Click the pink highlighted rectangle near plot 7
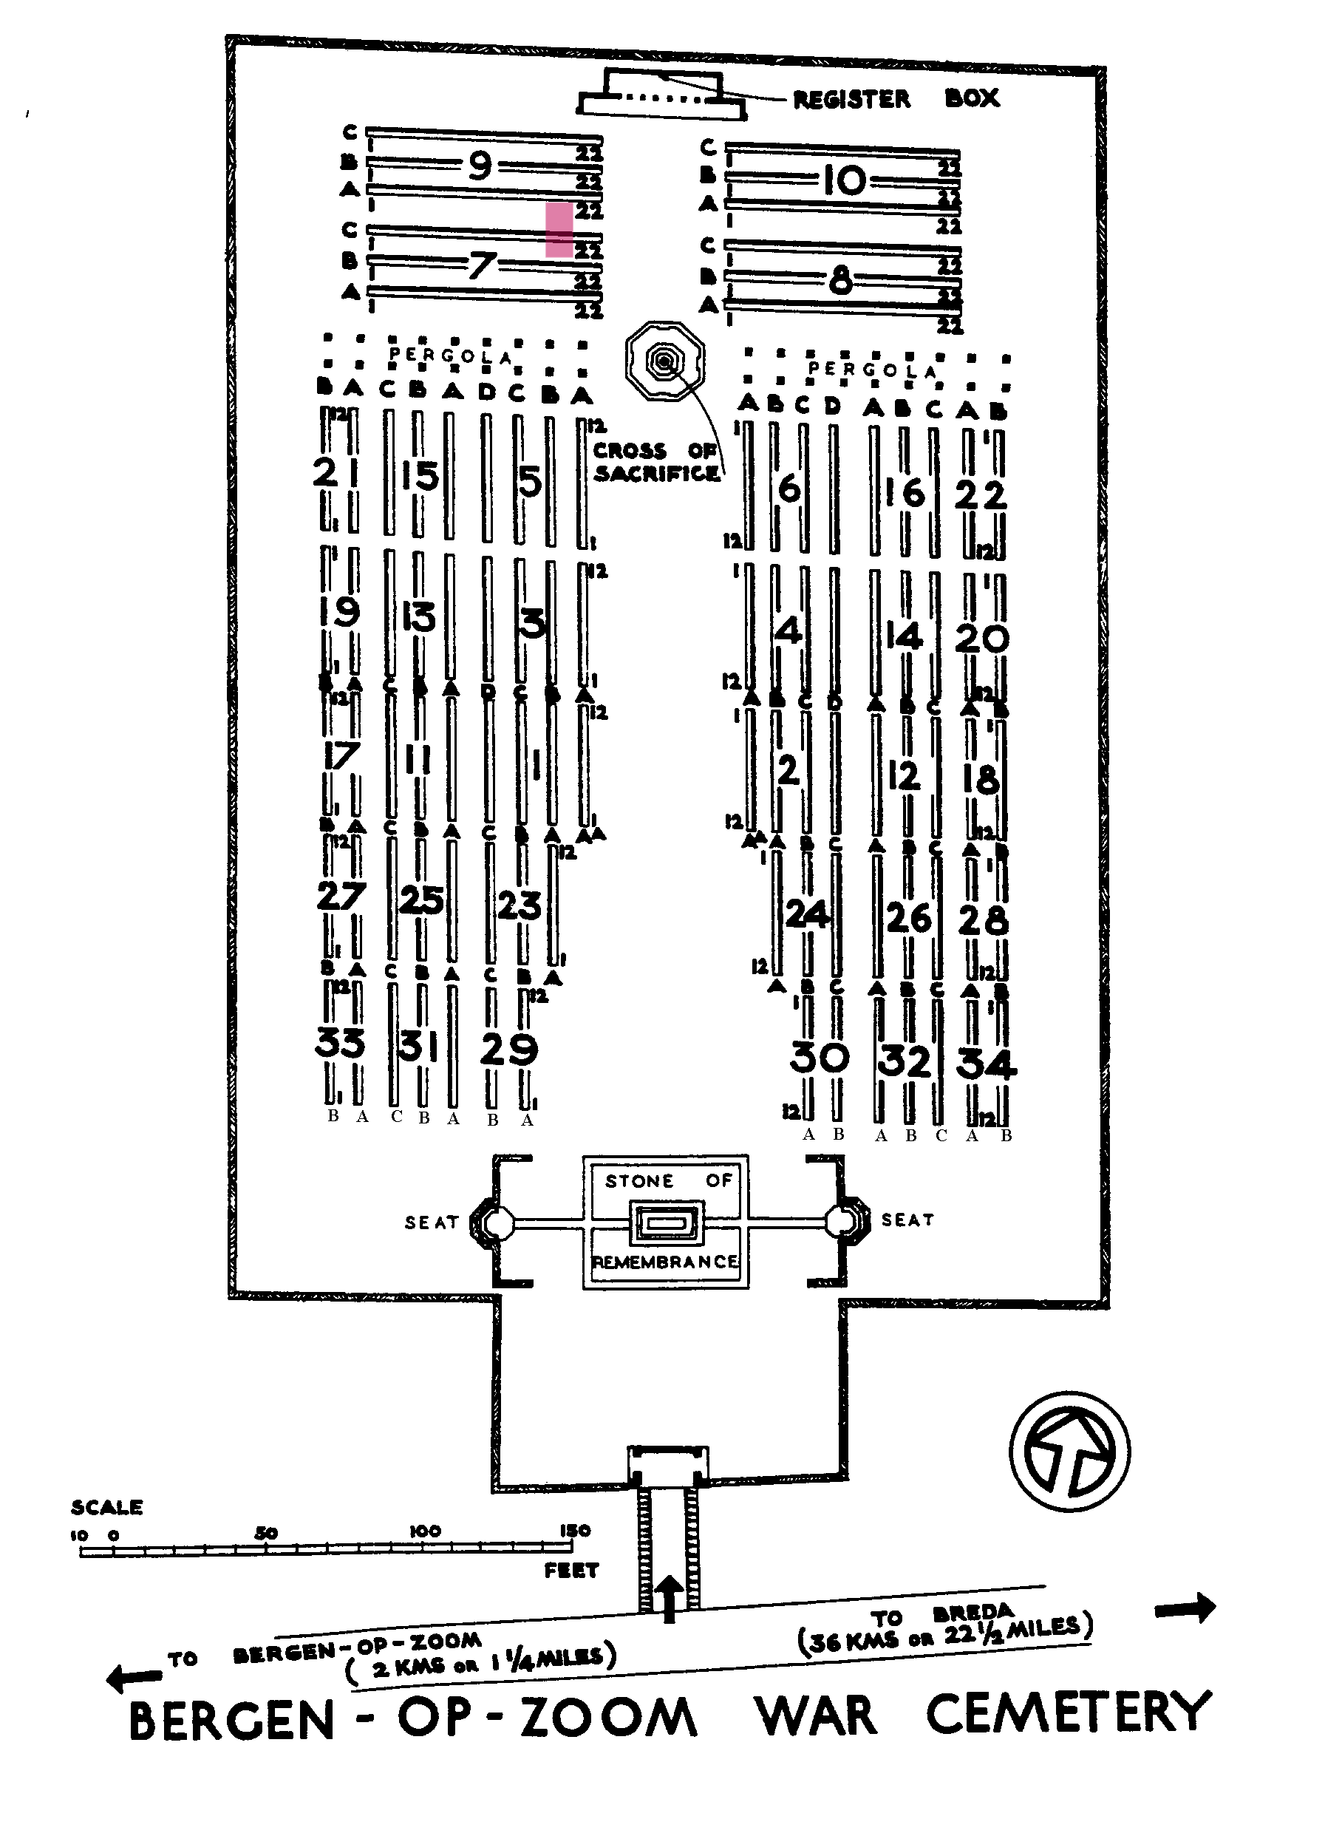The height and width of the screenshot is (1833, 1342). point(559,230)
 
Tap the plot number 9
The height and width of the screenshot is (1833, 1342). point(480,166)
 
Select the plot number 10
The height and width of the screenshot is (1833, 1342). point(845,180)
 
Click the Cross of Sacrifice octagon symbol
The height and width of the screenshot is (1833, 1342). point(665,361)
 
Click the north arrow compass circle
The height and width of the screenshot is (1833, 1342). point(1069,1452)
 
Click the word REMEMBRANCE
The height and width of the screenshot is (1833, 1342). point(665,1262)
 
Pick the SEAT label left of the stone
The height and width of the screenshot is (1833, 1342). point(432,1222)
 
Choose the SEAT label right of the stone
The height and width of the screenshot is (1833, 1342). point(907,1220)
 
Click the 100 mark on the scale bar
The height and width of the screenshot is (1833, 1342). point(425,1531)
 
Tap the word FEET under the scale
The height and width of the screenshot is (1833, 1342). point(571,1571)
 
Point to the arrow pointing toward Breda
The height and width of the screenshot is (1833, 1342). point(1185,1607)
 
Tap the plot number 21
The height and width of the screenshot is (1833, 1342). point(336,472)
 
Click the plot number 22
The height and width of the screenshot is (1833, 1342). point(981,494)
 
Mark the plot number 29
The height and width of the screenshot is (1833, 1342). point(508,1050)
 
